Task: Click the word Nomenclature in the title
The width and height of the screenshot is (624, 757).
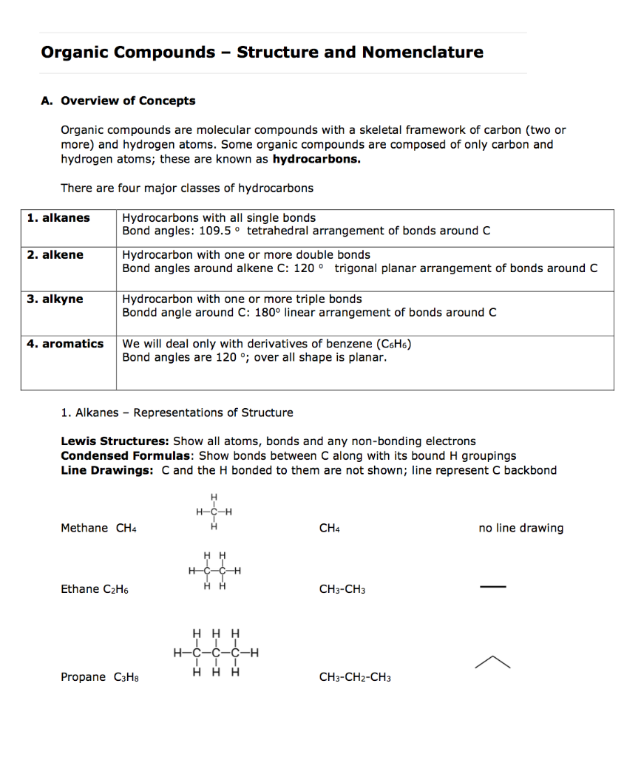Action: pos(422,52)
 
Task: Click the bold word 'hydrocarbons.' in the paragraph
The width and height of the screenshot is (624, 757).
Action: pos(316,159)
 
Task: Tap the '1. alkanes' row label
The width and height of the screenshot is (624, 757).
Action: pos(58,217)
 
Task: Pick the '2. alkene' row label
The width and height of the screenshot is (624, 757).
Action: pos(55,255)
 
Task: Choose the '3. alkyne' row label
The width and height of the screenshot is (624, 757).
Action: pos(55,299)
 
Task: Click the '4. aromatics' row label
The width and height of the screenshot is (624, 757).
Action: pos(65,344)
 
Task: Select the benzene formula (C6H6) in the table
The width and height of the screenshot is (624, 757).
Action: pos(394,344)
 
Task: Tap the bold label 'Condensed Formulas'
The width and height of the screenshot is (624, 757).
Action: pos(127,456)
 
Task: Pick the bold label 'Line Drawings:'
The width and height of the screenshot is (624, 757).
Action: pos(107,471)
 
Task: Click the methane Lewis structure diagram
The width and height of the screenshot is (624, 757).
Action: pos(214,512)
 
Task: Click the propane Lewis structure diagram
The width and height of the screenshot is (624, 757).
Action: pos(215,653)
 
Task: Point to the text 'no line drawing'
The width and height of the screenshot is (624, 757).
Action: pos(520,528)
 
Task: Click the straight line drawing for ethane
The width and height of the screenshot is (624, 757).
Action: pos(492,588)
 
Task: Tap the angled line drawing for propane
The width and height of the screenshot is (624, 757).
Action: pos(492,662)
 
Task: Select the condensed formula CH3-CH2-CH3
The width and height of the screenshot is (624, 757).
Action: pos(355,677)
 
